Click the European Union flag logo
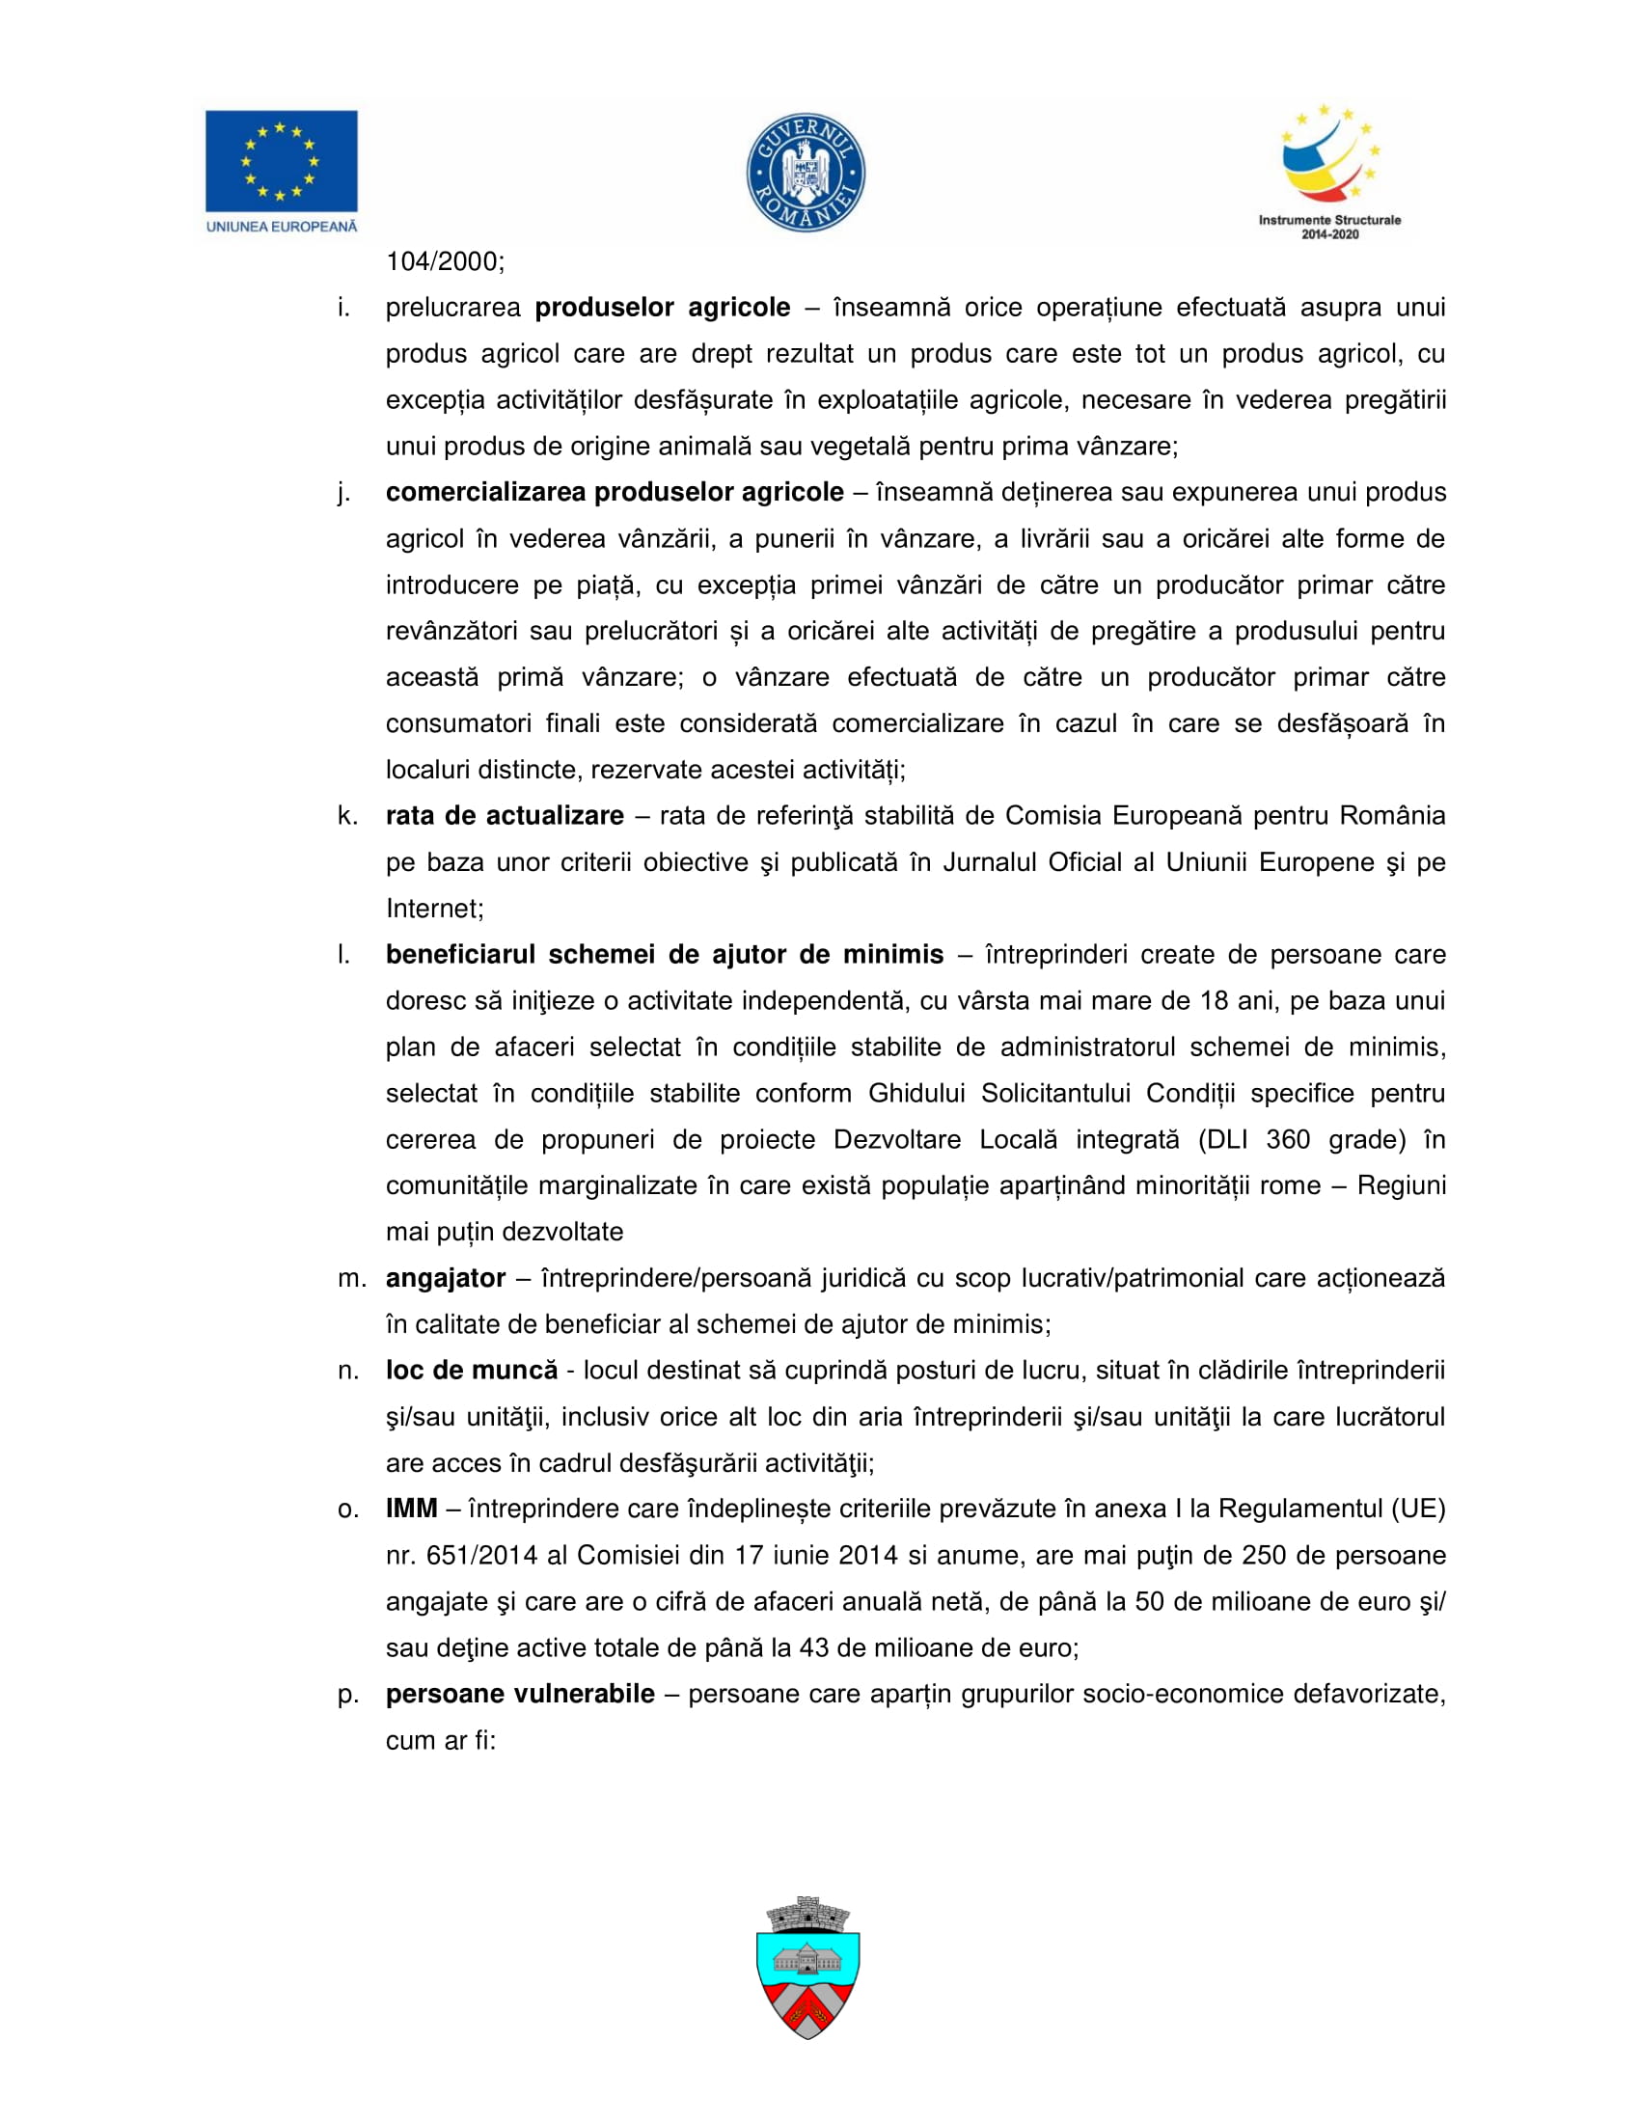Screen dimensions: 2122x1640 tap(281, 160)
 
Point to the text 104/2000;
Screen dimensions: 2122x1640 tap(445, 261)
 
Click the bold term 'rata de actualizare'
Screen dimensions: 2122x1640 tap(505, 815)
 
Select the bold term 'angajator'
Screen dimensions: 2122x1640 tap(445, 1278)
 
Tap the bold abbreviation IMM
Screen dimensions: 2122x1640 tap(411, 1509)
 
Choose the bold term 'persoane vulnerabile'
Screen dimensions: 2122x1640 tap(520, 1694)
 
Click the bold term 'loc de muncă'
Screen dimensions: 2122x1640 tap(471, 1370)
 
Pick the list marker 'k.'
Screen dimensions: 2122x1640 tap(347, 815)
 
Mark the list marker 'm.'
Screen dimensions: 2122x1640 tap(351, 1278)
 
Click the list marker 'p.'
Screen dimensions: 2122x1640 tap(348, 1695)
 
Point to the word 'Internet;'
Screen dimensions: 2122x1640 tap(434, 909)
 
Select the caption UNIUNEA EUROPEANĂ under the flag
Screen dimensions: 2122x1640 tap(281, 227)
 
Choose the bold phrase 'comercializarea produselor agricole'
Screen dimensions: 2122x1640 tap(614, 492)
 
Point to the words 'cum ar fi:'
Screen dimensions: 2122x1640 tap(440, 1740)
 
